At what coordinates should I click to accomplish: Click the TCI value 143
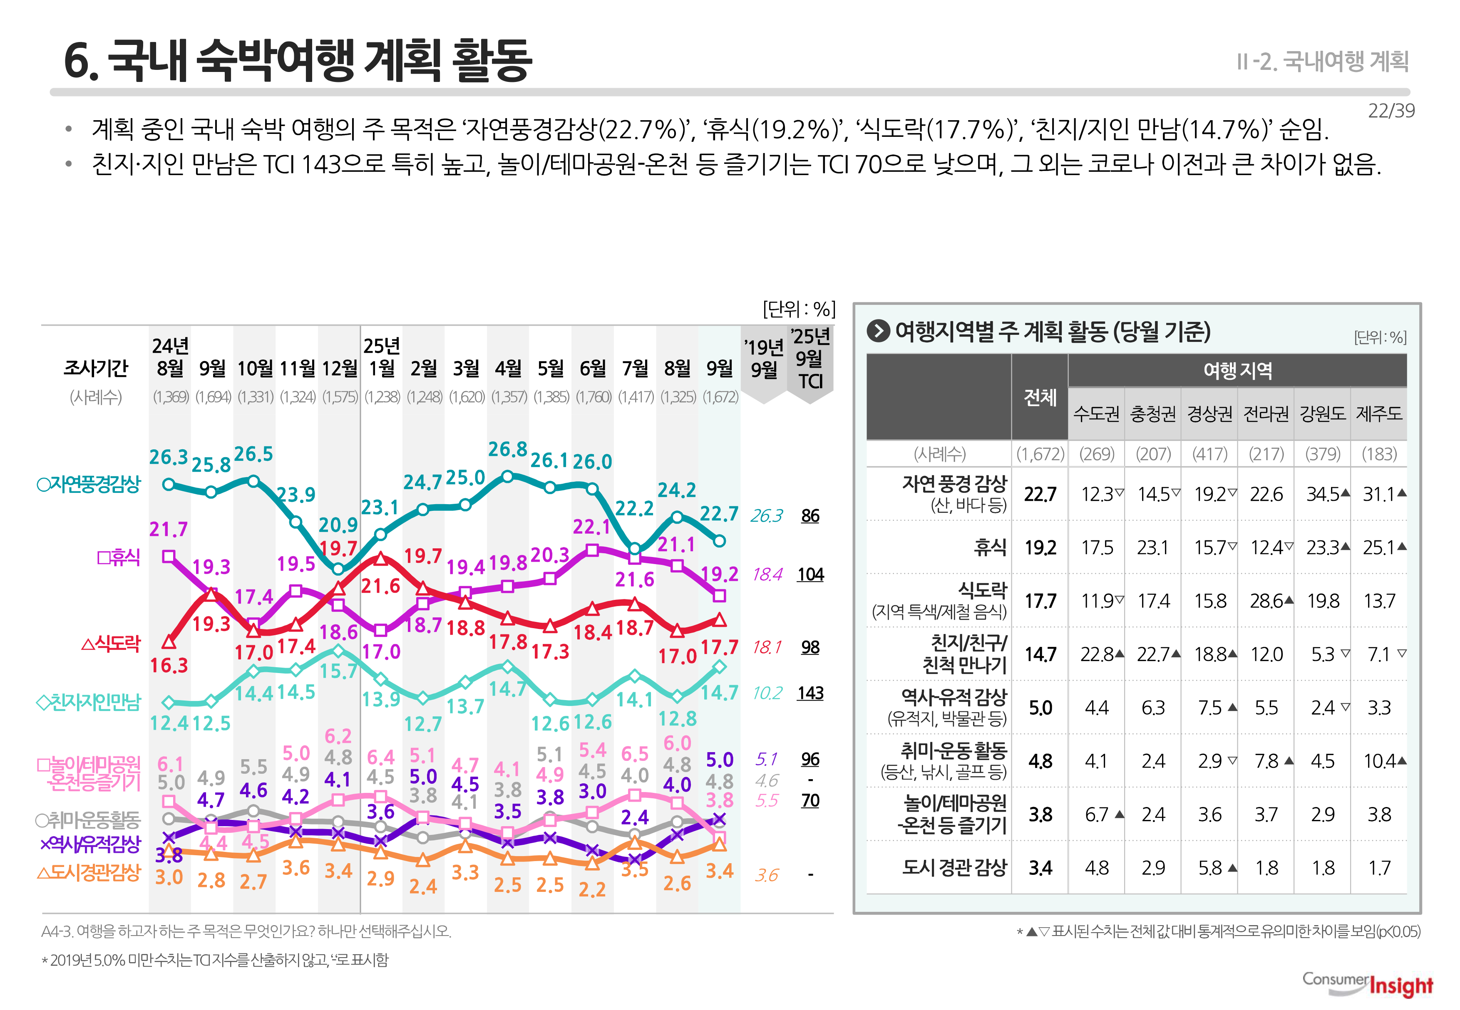810,693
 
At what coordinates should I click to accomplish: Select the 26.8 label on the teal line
507,449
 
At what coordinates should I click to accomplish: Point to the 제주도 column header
1378,414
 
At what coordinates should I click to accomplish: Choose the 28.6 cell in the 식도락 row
1267,601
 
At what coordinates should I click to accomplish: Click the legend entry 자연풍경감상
89,485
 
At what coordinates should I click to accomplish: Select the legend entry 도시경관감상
89,873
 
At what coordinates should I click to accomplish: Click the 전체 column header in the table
1040,397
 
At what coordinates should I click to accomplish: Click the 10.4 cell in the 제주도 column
1380,761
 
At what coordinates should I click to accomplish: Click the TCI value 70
810,800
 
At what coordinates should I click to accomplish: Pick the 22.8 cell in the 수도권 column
1097,654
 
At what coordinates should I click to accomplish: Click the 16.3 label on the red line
169,665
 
